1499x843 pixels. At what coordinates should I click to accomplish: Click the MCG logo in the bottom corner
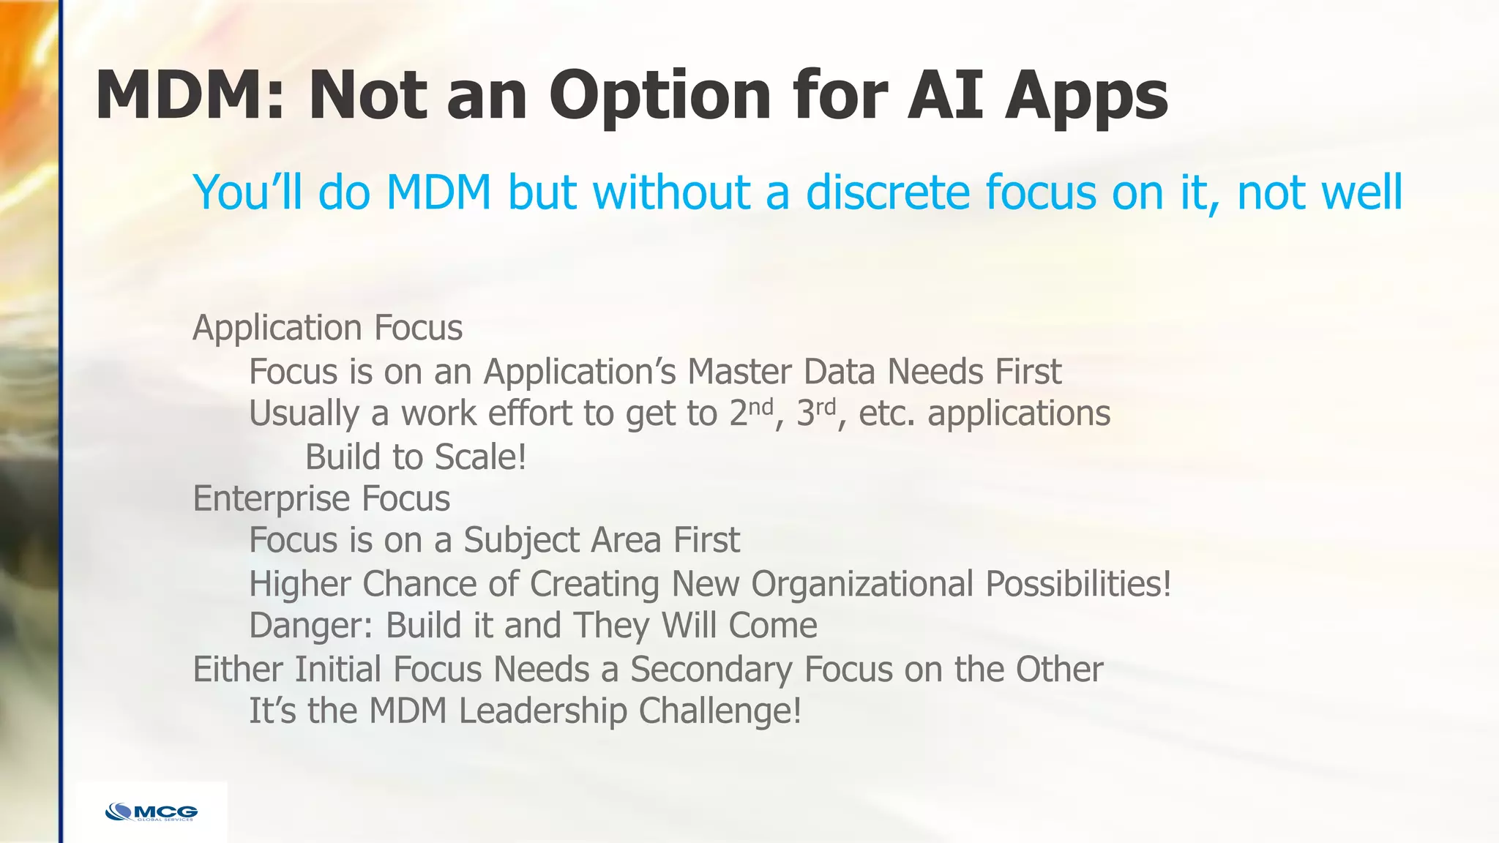(x=152, y=812)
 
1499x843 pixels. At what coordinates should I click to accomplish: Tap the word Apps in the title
(x=1086, y=96)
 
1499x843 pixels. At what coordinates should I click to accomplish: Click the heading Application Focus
(x=327, y=328)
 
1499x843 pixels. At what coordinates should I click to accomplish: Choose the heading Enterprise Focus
(x=321, y=499)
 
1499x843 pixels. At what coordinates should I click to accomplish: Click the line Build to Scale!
(x=416, y=457)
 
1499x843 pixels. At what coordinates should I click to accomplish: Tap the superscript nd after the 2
(x=761, y=406)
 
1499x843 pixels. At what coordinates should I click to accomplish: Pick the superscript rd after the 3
(x=826, y=406)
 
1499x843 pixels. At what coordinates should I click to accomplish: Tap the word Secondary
(x=711, y=670)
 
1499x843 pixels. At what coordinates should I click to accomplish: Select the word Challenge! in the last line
(x=720, y=711)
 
